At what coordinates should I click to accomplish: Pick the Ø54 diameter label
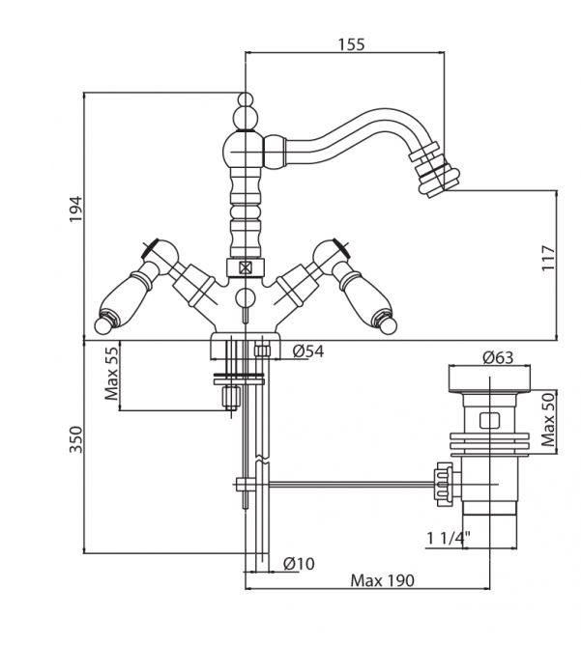pos(306,351)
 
